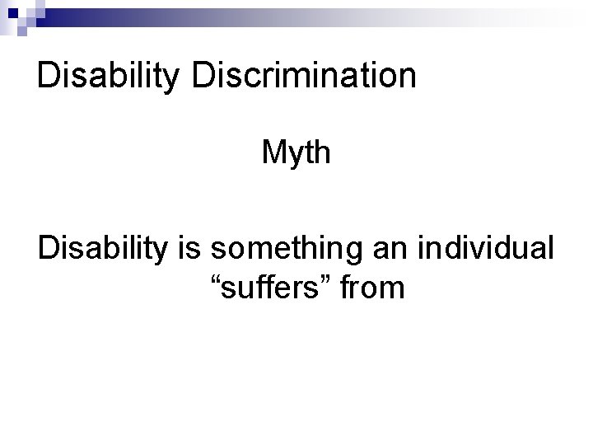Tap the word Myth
pyautogui.click(x=296, y=152)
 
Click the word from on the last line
pyautogui.click(x=371, y=288)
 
